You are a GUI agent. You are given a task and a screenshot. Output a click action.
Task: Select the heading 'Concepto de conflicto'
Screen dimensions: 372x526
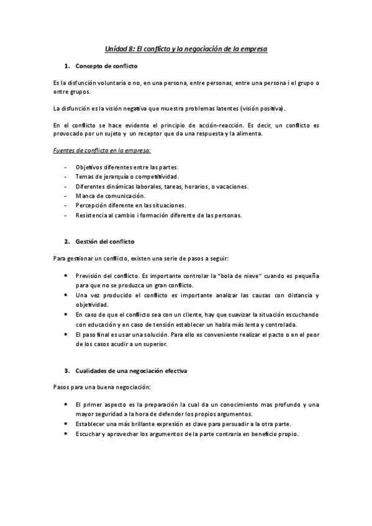[106, 66]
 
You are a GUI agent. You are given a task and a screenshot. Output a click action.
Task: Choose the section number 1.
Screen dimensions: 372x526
[66, 66]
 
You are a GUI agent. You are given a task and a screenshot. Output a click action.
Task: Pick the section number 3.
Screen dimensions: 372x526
[66, 370]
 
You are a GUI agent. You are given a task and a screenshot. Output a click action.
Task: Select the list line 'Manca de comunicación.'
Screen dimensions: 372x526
[111, 196]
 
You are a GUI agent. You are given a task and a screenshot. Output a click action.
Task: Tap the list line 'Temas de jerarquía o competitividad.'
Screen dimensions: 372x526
[127, 177]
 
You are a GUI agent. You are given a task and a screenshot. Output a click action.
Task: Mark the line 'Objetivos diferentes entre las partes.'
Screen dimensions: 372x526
[127, 167]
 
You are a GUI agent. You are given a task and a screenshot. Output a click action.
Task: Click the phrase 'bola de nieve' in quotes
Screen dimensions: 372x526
[216, 275]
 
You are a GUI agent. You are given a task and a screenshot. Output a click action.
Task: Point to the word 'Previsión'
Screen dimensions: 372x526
[88, 275]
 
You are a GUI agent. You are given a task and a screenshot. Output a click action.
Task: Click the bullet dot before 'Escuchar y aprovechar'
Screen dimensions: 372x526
[66, 434]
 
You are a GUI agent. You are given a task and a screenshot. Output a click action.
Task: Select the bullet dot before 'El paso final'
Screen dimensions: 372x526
[66, 334]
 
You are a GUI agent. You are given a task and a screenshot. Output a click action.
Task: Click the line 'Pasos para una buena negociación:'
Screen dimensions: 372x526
[102, 387]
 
